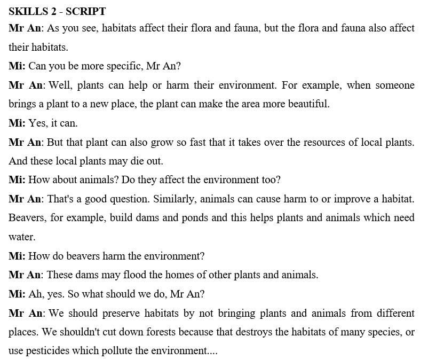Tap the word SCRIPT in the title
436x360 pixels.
click(85, 11)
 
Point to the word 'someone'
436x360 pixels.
click(395, 85)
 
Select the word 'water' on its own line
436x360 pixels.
click(21, 237)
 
